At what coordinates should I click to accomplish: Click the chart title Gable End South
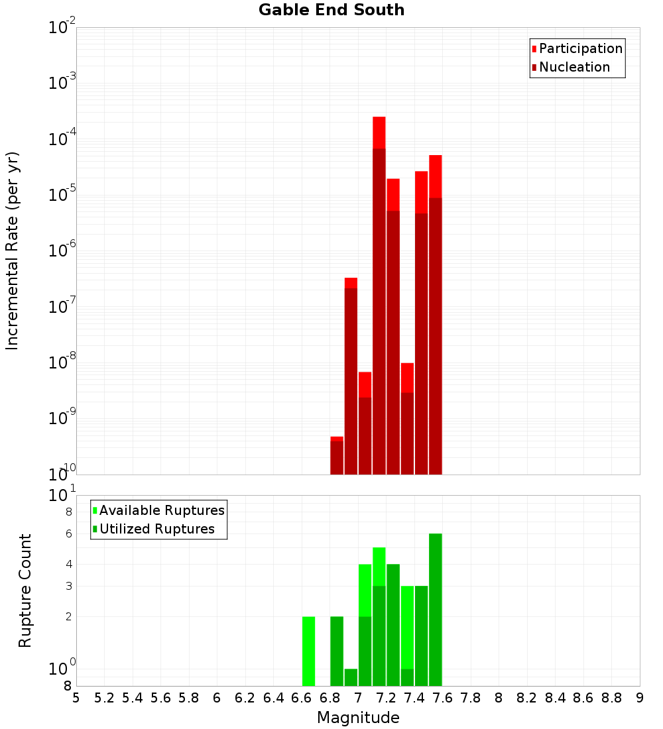pyautogui.click(x=331, y=10)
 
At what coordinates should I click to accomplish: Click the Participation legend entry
pyautogui.click(x=580, y=48)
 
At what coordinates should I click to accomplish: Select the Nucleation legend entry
pyautogui.click(x=574, y=67)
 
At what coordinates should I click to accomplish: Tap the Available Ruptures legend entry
pyautogui.click(x=161, y=510)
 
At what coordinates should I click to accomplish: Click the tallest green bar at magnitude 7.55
pyautogui.click(x=436, y=610)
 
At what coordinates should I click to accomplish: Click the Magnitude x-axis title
pyautogui.click(x=358, y=718)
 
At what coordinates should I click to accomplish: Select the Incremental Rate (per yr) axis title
pyautogui.click(x=13, y=251)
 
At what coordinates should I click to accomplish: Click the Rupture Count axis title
pyautogui.click(x=25, y=590)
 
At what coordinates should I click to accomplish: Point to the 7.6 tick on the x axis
pyautogui.click(x=443, y=698)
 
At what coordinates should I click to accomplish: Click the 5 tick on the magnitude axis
pyautogui.click(x=76, y=698)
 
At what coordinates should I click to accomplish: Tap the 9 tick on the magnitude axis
pyautogui.click(x=640, y=698)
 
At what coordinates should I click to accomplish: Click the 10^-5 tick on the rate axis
pyautogui.click(x=62, y=196)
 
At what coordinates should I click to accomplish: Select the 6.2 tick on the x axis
pyautogui.click(x=245, y=698)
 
